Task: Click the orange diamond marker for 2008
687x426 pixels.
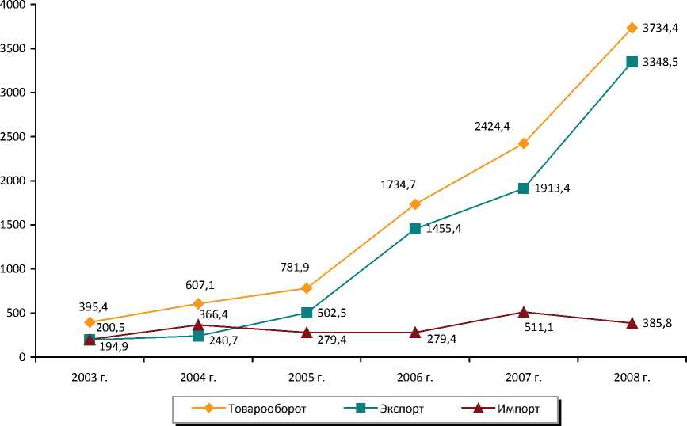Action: [x=632, y=28]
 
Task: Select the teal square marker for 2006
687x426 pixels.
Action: [x=414, y=229]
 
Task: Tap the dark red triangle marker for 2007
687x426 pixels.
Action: [x=523, y=312]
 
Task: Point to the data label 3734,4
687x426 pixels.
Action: [x=660, y=29]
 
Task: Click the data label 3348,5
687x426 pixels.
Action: [x=660, y=62]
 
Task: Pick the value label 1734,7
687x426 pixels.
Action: [x=397, y=184]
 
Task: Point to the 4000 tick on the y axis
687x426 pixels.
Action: [x=14, y=6]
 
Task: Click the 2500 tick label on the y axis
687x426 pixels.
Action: [x=14, y=137]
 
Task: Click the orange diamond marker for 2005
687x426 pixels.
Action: [x=306, y=288]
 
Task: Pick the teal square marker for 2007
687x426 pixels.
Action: [x=523, y=188]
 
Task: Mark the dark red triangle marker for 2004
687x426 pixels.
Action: [x=197, y=325]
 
